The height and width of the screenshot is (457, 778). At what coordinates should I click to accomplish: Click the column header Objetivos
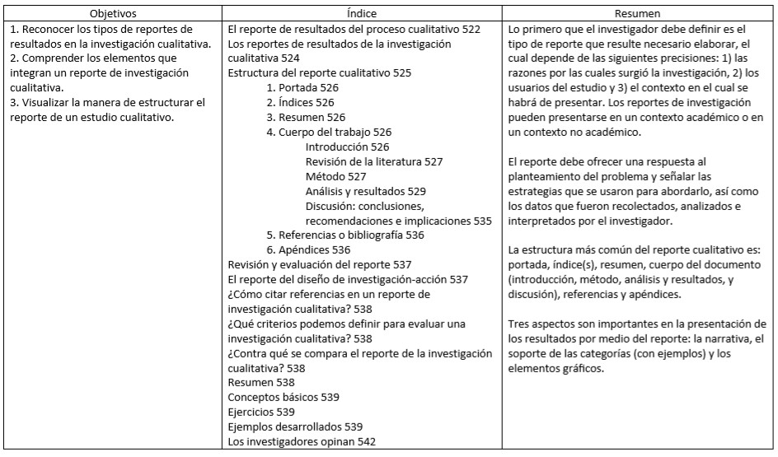[114, 14]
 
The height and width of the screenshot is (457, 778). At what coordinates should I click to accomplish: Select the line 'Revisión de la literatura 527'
[373, 161]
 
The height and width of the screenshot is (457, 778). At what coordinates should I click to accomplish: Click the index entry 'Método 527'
[335, 176]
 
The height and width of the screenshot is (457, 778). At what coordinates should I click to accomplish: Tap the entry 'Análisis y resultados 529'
[365, 191]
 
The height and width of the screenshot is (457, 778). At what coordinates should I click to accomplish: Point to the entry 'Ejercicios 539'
[261, 412]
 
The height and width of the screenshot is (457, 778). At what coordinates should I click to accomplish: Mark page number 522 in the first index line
[471, 29]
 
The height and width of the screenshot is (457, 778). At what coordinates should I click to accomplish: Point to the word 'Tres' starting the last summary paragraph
[520, 324]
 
